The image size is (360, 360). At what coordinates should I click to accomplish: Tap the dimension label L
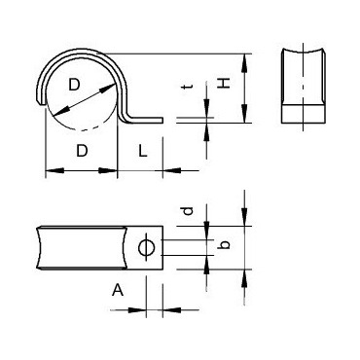(142, 152)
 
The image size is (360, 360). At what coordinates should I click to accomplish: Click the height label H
(225, 86)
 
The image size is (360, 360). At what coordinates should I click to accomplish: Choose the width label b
(223, 246)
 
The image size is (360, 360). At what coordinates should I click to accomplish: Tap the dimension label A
(118, 290)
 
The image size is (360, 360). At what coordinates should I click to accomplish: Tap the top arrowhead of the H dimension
(245, 58)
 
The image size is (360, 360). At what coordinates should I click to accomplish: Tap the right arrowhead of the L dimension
(159, 170)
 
